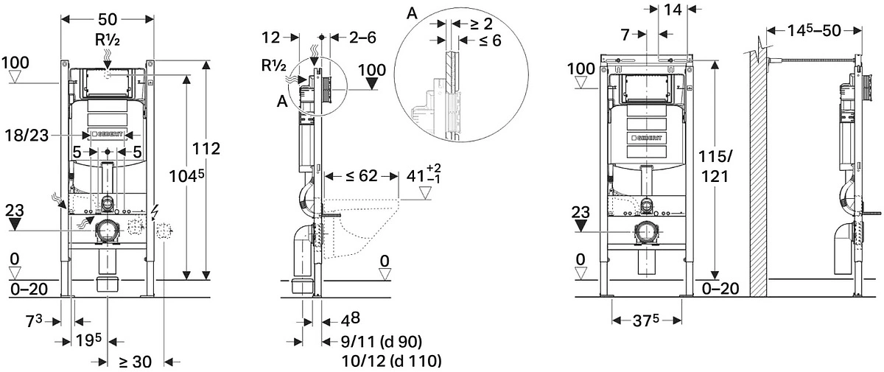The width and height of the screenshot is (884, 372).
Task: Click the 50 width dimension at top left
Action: click(108, 19)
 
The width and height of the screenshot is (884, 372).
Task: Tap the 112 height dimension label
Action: click(206, 149)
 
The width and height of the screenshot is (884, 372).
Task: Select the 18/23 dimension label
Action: click(27, 136)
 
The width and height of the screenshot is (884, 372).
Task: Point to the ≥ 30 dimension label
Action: click(135, 362)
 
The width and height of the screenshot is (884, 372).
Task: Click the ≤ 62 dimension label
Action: click(362, 176)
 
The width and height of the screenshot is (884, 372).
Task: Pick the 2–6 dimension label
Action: click(362, 38)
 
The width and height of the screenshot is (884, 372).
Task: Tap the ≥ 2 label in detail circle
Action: click(482, 24)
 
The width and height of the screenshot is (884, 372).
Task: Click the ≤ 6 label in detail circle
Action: click(490, 41)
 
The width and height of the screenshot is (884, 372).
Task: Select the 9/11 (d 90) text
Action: click(382, 342)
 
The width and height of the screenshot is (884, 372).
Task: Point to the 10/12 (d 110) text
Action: click(390, 361)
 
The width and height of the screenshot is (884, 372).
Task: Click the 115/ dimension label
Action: click(715, 157)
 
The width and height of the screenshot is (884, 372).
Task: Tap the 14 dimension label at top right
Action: click(673, 10)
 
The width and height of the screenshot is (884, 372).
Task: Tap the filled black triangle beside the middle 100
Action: click(371, 84)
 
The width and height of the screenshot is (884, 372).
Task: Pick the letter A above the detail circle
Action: click(412, 14)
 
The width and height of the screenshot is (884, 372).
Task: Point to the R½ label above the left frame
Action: click(107, 41)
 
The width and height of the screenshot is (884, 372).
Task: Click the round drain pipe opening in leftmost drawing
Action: click(107, 231)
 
